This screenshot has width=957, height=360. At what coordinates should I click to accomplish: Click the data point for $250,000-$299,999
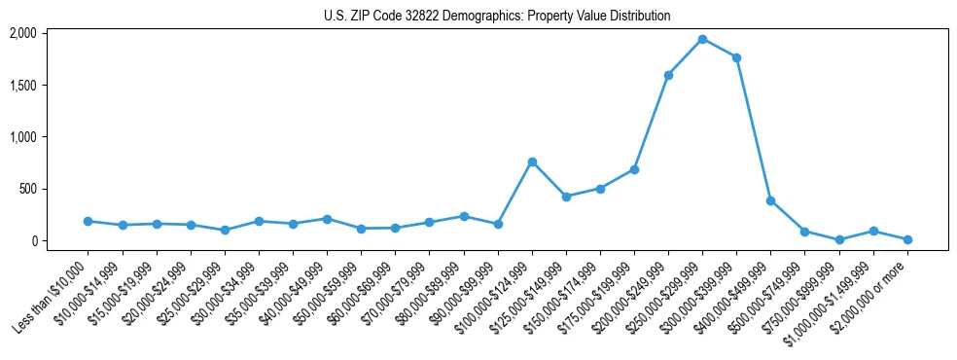(x=702, y=39)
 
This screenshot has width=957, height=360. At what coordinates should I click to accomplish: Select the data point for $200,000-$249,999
(x=668, y=75)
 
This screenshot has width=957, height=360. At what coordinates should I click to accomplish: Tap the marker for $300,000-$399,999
(x=736, y=57)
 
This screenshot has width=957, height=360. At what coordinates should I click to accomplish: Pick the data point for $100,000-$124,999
(x=532, y=162)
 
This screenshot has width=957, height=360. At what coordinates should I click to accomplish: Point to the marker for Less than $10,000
(x=89, y=221)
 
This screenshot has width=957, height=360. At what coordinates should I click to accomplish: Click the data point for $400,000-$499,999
(x=770, y=200)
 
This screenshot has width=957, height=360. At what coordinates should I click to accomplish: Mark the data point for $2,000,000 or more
(x=907, y=239)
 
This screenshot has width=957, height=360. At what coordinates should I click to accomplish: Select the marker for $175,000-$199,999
(x=634, y=169)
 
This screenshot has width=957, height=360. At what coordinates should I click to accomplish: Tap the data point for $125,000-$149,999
(x=566, y=197)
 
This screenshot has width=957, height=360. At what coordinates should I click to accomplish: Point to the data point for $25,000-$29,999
(x=225, y=230)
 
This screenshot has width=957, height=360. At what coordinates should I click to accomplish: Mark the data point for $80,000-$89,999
(x=464, y=216)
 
